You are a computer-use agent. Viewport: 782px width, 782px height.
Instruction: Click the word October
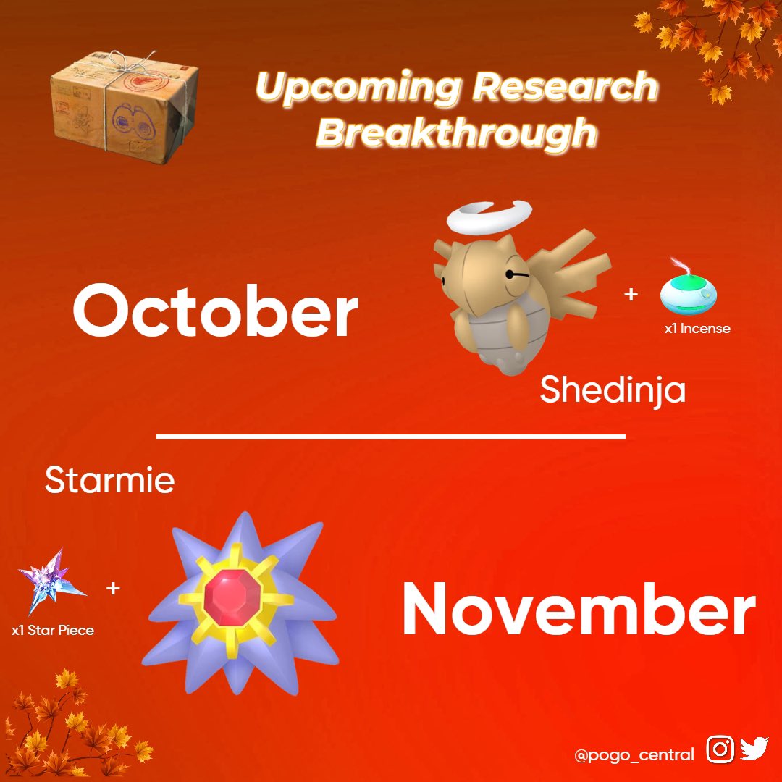(x=216, y=310)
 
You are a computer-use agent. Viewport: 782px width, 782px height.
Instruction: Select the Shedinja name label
(x=613, y=390)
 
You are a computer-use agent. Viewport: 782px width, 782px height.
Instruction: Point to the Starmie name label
(x=110, y=480)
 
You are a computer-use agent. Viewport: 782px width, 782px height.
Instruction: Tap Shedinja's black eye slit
(x=517, y=274)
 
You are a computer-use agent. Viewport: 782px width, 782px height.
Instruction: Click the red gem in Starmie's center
(x=233, y=597)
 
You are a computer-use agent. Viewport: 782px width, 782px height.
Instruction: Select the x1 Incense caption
(x=697, y=328)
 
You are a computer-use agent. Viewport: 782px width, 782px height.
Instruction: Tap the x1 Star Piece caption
(x=53, y=631)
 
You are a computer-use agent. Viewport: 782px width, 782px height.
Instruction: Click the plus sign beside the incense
(x=631, y=294)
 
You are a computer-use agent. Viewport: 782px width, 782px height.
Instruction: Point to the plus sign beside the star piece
(x=113, y=589)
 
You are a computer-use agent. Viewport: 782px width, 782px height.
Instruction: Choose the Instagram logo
(x=720, y=749)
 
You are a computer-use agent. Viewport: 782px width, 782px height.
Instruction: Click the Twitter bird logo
(x=754, y=749)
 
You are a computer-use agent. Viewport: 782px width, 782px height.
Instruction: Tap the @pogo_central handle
(x=634, y=754)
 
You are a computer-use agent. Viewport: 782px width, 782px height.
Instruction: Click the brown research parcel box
(x=125, y=107)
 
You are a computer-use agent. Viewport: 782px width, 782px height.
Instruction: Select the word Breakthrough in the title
(x=457, y=133)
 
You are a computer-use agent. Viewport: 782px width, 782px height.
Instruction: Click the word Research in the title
(x=565, y=85)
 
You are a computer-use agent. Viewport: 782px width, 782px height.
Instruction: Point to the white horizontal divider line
(x=391, y=437)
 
